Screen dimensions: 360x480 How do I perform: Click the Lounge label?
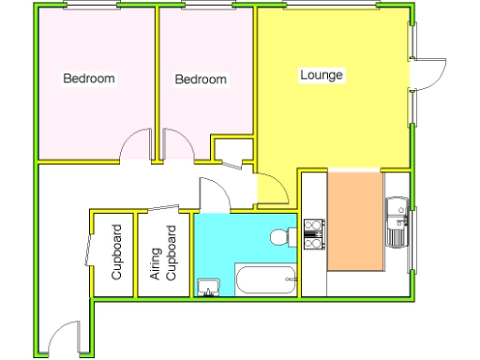pos(322,74)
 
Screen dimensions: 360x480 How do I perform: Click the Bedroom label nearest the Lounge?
pos(201,80)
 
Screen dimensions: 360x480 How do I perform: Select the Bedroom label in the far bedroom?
pos(89,78)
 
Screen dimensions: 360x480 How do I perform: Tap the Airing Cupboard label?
pos(164,253)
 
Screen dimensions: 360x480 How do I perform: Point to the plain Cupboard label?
pos(117,253)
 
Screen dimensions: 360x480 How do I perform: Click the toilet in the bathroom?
pos(280,237)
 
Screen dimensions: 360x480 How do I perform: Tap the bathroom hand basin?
pos(207,287)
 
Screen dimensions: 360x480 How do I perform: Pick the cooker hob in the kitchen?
pos(313,234)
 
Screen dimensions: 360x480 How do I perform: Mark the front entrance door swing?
pos(64,339)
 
